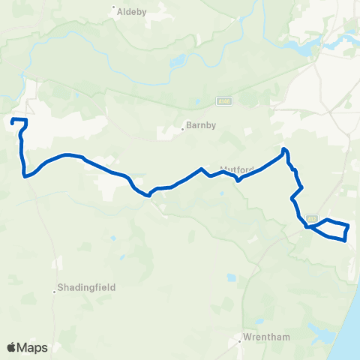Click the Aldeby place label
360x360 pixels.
pos(127,11)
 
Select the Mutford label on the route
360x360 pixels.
pos(232,170)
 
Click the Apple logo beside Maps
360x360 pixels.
pos(12,347)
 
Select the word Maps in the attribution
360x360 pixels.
pos(33,347)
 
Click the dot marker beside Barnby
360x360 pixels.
pos(182,127)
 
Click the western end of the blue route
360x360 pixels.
pos(13,121)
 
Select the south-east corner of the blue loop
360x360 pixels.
pos(345,240)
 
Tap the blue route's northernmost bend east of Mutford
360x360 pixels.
pos(283,150)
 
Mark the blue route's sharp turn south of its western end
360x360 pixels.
pos(25,176)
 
